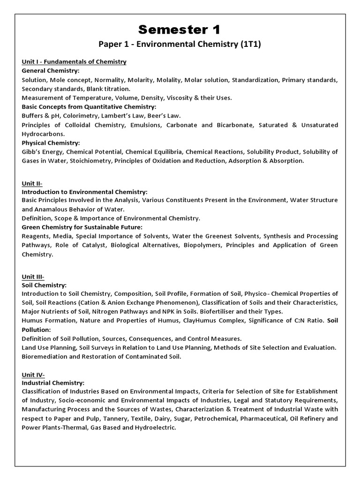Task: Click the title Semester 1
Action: (x=180, y=30)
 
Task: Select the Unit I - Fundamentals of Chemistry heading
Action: (x=74, y=62)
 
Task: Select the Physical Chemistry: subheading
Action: (x=51, y=142)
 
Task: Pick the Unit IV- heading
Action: (x=33, y=375)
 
